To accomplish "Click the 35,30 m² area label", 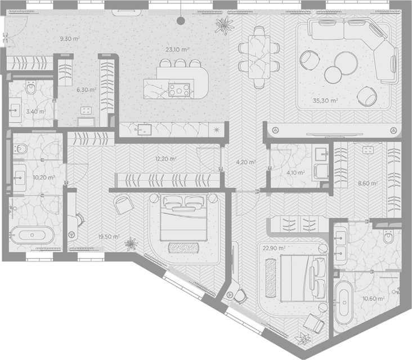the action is click(x=325, y=100).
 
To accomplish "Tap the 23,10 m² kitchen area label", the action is click(x=177, y=50).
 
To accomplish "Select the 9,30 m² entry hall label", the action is click(x=70, y=39).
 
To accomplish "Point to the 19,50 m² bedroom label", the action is click(x=109, y=237).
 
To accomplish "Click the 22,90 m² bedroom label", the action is click(x=274, y=248).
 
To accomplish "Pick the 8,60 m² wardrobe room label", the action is click(x=368, y=183).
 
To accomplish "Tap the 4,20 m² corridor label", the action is click(x=245, y=162).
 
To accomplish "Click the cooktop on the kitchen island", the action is click(x=179, y=90).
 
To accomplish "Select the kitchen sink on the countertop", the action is click(x=143, y=129).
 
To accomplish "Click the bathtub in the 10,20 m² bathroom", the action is click(x=32, y=235).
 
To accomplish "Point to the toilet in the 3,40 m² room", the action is click(x=31, y=87).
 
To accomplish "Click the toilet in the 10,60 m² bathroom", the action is click(x=388, y=237).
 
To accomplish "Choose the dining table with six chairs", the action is click(x=259, y=57).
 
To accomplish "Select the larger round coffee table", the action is click(x=346, y=63).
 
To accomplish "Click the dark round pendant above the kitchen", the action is click(x=181, y=21).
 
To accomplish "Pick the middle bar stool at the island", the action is click(x=180, y=63).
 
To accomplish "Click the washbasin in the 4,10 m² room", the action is click(x=321, y=154).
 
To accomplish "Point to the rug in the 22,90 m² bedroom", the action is click(x=270, y=278).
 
